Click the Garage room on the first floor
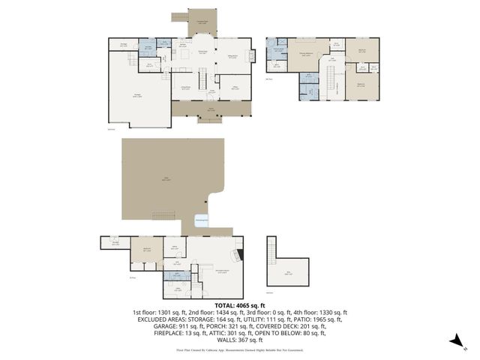pyautogui.click(x=138, y=94)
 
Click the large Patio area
pyautogui.click(x=169, y=178)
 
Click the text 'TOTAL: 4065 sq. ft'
pyautogui.click(x=239, y=305)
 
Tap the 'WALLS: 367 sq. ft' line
pyautogui.click(x=239, y=339)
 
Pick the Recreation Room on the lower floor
pyautogui.click(x=221, y=269)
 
